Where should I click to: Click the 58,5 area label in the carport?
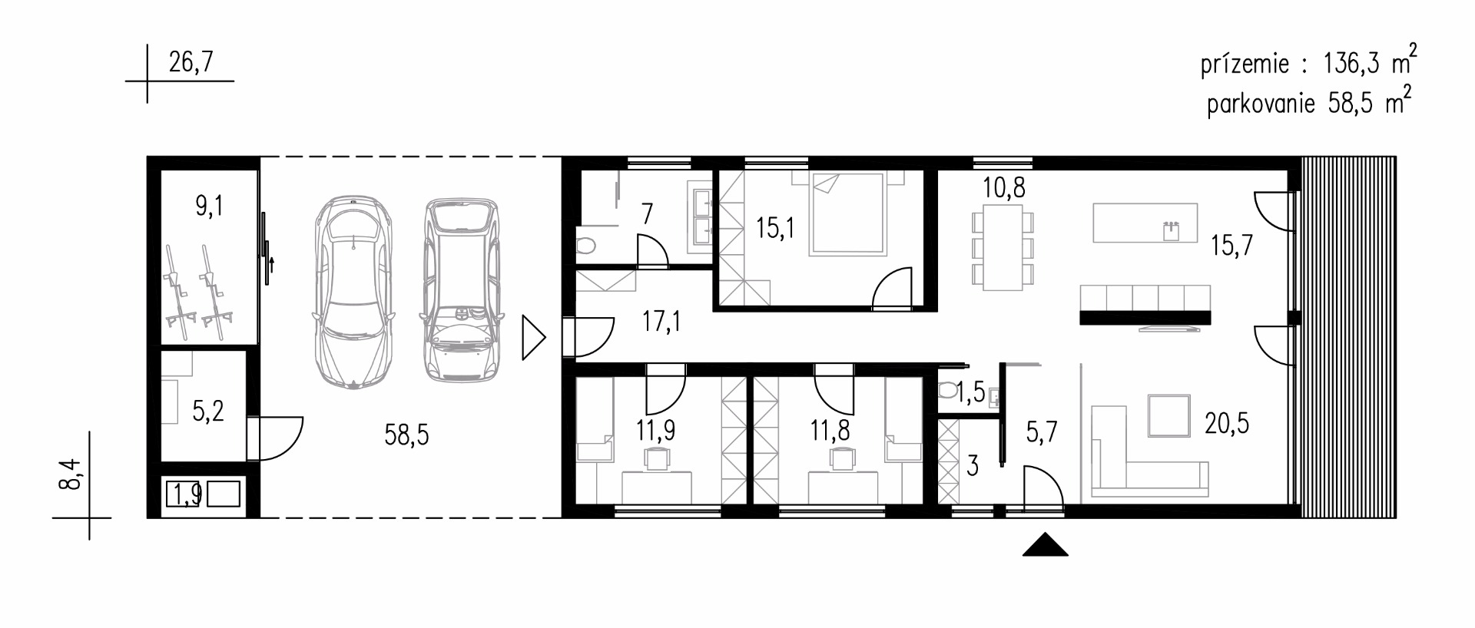tap(406, 435)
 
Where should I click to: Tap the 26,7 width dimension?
tap(191, 61)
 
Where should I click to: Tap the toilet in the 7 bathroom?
tap(585, 246)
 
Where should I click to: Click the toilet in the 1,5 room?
tap(947, 392)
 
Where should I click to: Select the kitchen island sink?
tap(1171, 230)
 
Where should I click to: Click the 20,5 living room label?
tap(1226, 423)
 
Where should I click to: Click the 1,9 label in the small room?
tap(187, 494)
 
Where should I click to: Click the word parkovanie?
tap(1261, 104)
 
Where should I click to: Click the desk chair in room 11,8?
tap(843, 458)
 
